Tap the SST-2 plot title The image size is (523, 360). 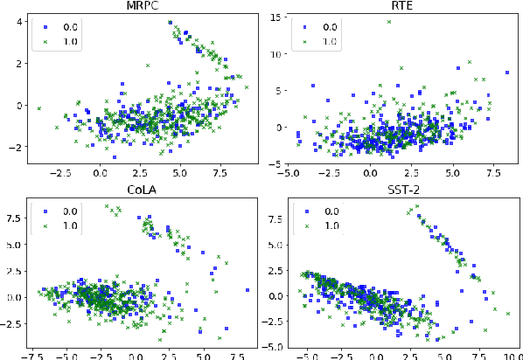(400, 189)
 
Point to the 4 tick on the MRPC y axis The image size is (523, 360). (20, 21)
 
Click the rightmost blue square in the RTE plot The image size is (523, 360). (506, 73)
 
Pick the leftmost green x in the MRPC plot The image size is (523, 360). (38, 108)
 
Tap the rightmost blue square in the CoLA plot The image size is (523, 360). (248, 290)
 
